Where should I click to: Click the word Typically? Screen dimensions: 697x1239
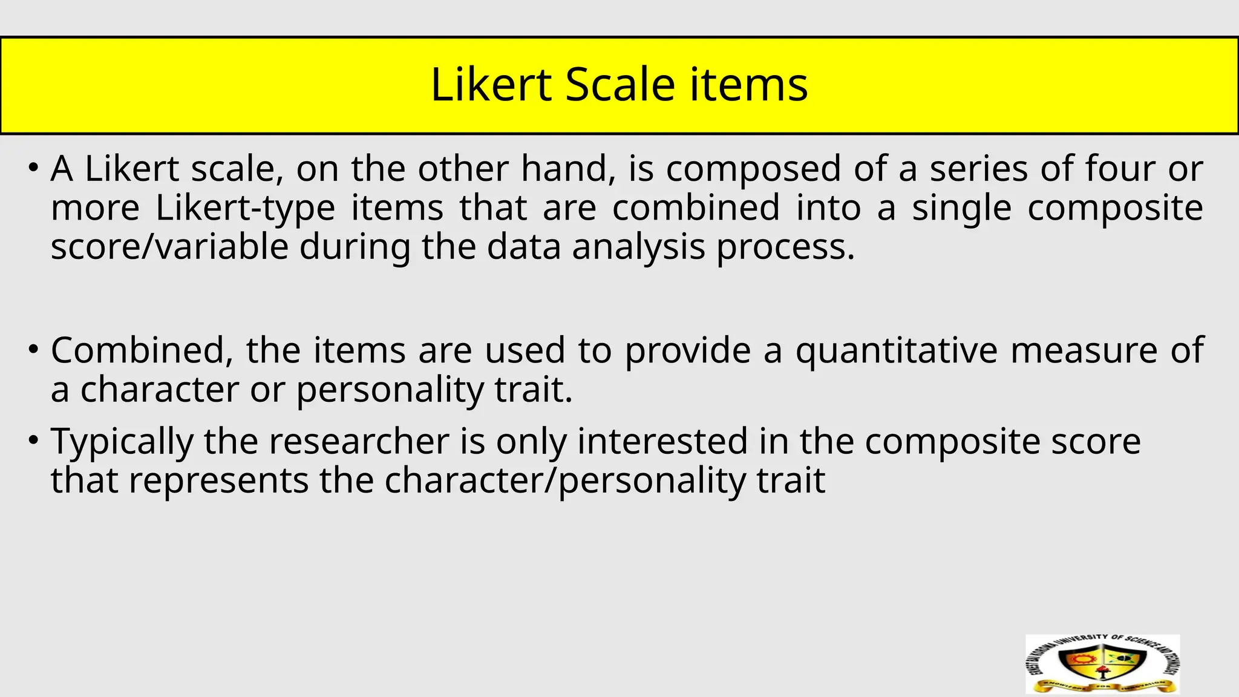tap(122, 441)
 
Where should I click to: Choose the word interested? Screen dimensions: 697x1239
tap(662, 441)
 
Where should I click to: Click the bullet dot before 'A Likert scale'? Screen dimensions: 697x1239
tap(34, 167)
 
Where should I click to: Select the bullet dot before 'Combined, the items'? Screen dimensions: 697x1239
tap(34, 349)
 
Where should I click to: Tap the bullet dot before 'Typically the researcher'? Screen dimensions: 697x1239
tap(34, 440)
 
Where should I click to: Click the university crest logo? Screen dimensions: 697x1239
tap(1102, 664)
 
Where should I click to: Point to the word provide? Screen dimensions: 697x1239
tap(688, 350)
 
